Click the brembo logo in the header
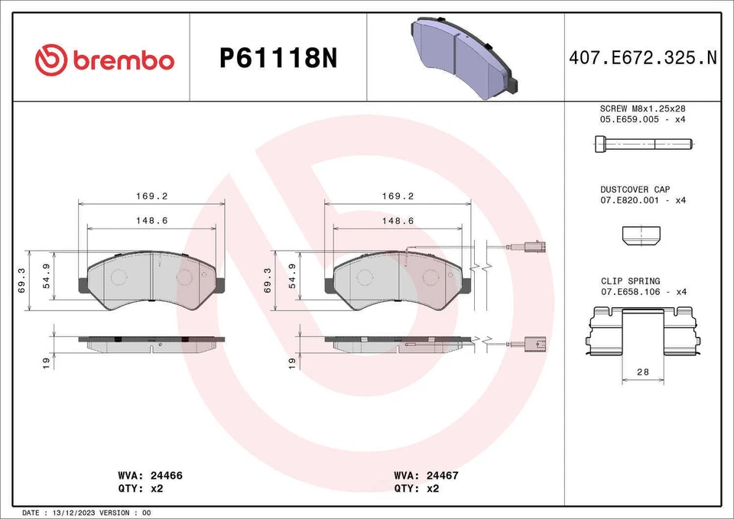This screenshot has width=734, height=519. (105, 60)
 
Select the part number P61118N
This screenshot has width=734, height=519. (278, 59)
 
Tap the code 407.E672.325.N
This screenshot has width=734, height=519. (643, 59)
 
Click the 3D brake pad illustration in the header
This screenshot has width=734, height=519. (463, 57)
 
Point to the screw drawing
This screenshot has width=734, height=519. (642, 143)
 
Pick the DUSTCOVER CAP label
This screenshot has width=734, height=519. (635, 189)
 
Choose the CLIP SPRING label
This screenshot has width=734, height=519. (630, 281)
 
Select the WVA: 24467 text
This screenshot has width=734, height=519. (426, 475)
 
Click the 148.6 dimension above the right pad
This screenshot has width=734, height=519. (398, 220)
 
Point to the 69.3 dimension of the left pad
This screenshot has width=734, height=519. (22, 280)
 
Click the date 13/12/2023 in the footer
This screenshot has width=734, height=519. (75, 512)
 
